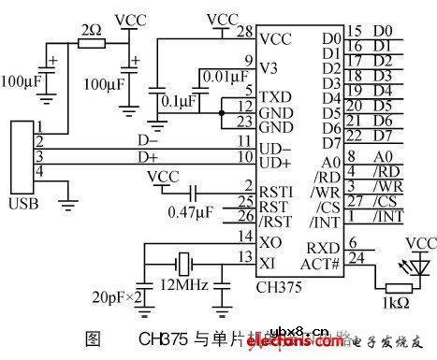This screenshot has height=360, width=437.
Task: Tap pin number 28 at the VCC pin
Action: click(x=246, y=32)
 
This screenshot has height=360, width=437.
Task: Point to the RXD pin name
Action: click(x=320, y=247)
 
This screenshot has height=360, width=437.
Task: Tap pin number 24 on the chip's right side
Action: click(x=354, y=256)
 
